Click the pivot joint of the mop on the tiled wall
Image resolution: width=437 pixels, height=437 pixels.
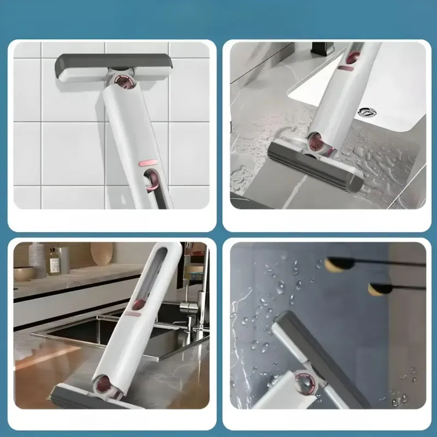point(124,83)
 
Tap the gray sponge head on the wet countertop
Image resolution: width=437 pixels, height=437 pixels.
point(314,164)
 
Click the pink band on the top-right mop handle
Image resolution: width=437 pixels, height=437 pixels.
point(345,68)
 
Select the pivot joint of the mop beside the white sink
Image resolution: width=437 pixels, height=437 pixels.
point(318,144)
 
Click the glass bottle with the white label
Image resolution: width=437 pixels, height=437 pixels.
point(54,262)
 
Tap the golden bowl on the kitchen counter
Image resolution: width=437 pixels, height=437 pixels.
point(23,273)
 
